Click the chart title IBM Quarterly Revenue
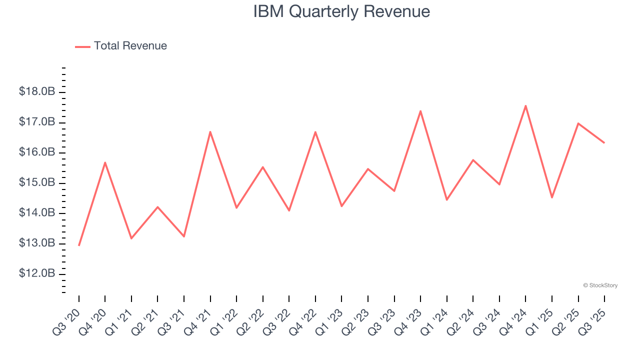[x=341, y=11]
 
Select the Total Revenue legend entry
[x=121, y=46]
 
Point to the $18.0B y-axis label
[x=36, y=91]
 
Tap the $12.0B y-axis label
[x=36, y=273]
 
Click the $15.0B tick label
[x=36, y=182]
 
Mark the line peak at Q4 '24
[x=525, y=105]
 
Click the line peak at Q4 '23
[x=420, y=111]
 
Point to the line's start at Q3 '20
[x=79, y=245]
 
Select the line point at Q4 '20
[x=105, y=162]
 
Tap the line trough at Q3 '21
[x=184, y=236]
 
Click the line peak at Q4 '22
[x=315, y=132]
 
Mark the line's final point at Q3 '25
[x=604, y=142]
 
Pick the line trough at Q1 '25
[x=551, y=197]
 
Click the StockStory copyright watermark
[x=600, y=285]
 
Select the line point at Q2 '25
[x=578, y=123]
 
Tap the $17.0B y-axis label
[x=36, y=122]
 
